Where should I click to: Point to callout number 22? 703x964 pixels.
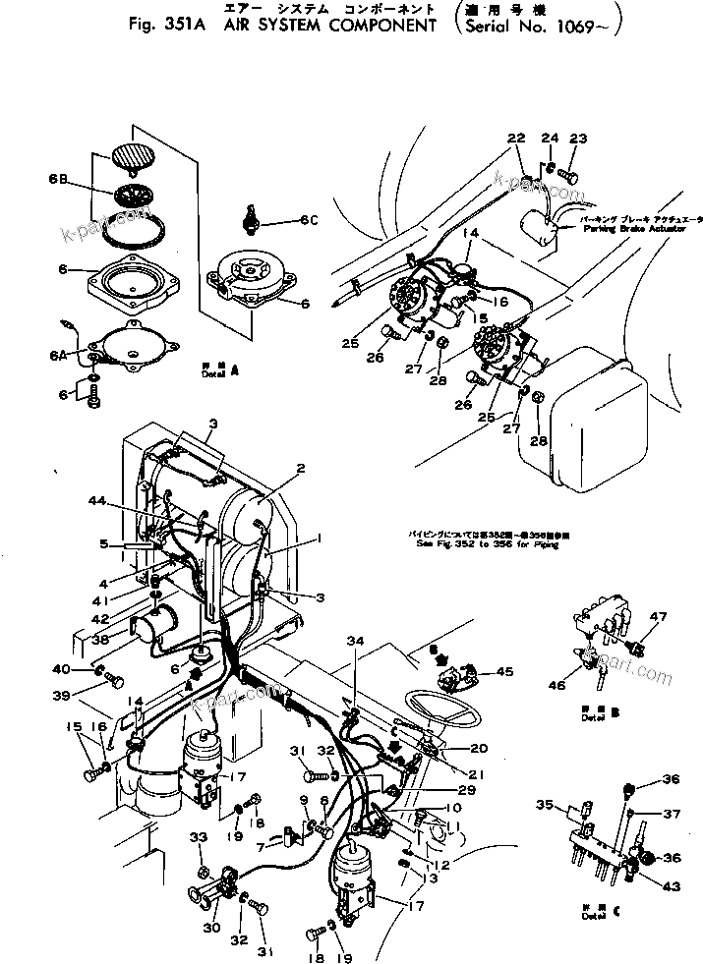517,139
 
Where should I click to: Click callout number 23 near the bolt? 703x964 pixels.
578,139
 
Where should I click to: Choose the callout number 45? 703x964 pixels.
504,672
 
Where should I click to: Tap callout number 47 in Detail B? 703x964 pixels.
657,616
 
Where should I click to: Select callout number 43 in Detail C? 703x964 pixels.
672,886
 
